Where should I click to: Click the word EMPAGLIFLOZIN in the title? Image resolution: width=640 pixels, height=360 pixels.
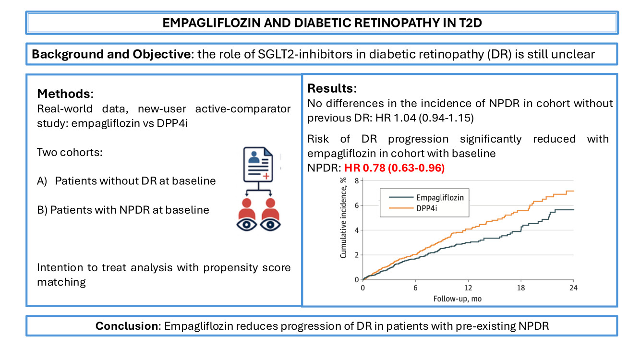coord(211,23)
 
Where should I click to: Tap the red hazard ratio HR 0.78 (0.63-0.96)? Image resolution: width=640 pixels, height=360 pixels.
coord(394,168)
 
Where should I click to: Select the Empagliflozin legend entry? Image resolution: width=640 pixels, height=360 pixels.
coord(426,197)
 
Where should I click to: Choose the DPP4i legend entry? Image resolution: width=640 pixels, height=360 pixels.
coord(413,208)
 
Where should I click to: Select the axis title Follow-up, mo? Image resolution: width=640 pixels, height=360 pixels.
coord(458,299)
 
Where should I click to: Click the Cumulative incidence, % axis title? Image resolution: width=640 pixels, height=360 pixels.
coord(343,218)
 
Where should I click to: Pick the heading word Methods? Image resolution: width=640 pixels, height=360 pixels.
coord(64,94)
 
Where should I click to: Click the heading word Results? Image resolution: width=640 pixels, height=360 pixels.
coord(331,88)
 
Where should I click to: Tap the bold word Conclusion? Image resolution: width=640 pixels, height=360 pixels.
coord(127,326)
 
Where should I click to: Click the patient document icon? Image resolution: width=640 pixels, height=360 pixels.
coord(258,165)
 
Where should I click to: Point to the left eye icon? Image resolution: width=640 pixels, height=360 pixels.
coord(247,225)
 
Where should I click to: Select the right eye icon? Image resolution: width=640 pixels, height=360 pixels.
coord(270,225)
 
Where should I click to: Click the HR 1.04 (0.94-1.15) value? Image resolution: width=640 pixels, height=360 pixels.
coord(424,118)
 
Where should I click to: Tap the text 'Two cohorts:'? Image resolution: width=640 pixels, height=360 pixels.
coord(70,152)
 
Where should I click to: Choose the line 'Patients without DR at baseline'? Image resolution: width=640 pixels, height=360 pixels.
coord(135,181)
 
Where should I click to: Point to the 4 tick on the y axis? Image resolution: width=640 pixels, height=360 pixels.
coord(357,230)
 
